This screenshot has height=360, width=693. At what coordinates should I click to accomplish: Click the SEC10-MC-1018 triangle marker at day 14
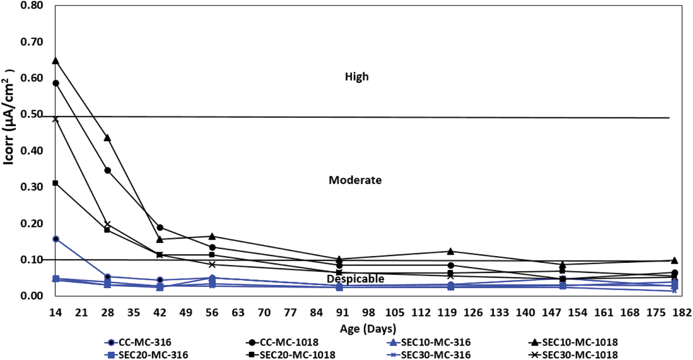(56, 61)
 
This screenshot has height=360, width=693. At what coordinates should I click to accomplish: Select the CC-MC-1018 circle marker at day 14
(56, 83)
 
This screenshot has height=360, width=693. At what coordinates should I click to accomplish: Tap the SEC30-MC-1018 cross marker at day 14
(56, 119)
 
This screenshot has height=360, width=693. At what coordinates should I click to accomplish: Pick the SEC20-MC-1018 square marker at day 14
(56, 183)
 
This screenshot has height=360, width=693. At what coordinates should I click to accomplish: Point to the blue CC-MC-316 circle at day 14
(56, 239)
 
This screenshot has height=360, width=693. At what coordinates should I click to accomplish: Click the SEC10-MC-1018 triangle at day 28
(107, 138)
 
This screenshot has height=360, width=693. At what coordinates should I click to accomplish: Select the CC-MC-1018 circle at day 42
(160, 227)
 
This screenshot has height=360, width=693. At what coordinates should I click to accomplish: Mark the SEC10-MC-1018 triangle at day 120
(450, 252)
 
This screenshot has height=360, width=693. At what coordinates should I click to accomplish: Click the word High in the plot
(357, 77)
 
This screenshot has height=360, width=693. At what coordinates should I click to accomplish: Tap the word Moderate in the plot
(355, 180)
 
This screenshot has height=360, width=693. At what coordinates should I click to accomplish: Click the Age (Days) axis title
(367, 328)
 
